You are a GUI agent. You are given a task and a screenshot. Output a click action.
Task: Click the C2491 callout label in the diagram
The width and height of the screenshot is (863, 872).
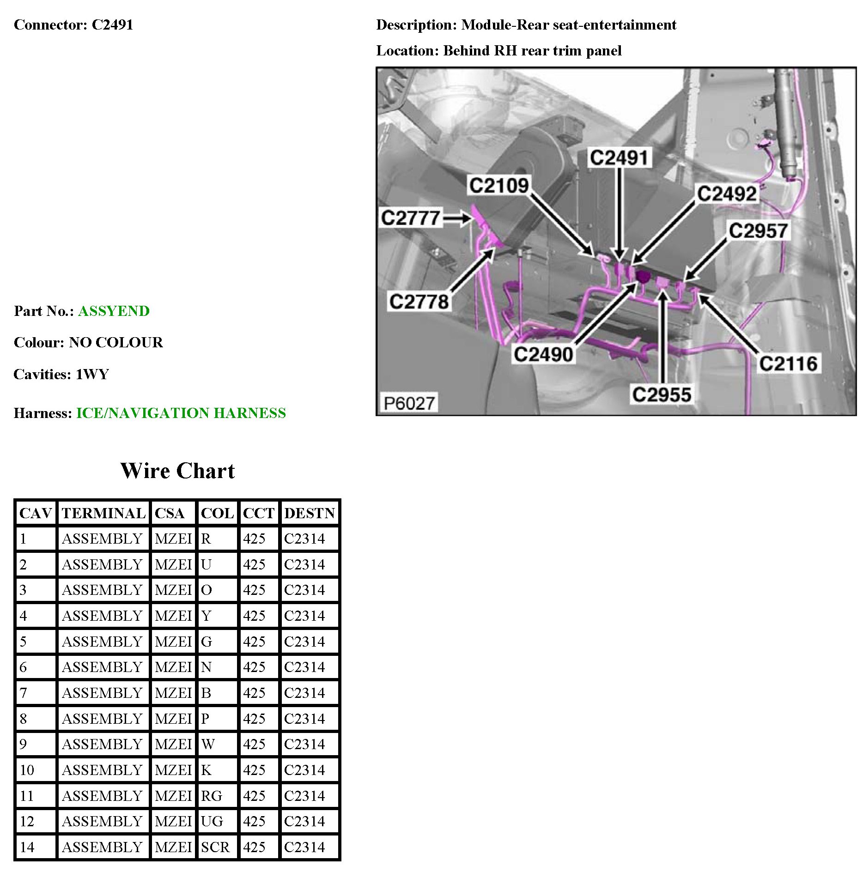coord(620,158)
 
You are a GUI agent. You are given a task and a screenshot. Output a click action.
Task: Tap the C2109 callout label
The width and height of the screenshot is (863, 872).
coord(498,186)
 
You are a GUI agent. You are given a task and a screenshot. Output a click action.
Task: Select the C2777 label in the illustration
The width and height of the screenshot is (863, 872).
coord(410,218)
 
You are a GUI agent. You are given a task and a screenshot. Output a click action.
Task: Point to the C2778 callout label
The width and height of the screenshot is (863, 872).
coord(419,302)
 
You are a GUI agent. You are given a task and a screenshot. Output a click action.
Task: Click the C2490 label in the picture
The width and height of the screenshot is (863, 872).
coord(543,354)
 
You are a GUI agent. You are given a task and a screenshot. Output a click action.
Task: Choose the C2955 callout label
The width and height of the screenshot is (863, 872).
coord(662,395)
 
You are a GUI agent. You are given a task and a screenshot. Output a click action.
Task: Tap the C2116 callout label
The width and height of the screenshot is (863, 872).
coord(788,363)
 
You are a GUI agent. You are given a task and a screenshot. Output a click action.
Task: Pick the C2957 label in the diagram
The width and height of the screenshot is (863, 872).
coord(758,231)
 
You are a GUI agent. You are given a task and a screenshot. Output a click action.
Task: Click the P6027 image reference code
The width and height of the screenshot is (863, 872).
coord(409,403)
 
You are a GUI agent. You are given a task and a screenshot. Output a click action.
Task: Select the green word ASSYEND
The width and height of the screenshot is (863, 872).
coord(114,311)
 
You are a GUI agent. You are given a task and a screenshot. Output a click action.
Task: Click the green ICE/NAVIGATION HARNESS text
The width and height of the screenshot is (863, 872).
coord(181,413)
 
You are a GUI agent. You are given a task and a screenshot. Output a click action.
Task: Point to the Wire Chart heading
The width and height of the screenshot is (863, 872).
coord(177,471)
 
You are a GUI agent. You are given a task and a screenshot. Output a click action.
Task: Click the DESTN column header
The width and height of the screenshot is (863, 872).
coord(310,513)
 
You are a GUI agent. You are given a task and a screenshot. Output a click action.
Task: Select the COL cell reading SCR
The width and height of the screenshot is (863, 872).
coord(215,847)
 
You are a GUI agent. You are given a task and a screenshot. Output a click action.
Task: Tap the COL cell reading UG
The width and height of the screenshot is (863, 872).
coord(212,821)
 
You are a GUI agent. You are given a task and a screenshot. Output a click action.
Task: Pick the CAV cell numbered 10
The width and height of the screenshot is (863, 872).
coord(27,770)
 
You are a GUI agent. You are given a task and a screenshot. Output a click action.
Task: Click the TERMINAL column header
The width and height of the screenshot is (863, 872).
coord(103,513)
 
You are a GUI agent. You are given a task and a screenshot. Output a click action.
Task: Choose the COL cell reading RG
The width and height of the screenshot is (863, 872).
coord(212,795)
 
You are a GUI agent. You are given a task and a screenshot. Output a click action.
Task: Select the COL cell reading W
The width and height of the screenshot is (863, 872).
coord(208,744)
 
